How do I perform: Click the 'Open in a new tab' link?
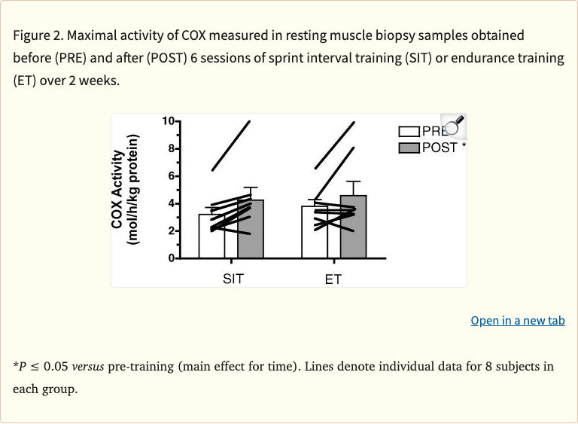click(x=518, y=321)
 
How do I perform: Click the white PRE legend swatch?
click(x=409, y=132)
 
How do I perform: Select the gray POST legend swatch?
click(x=409, y=148)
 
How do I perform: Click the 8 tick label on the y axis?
click(x=171, y=148)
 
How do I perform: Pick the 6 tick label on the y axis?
click(x=171, y=176)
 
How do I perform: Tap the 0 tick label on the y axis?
click(x=171, y=258)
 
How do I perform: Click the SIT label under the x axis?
click(x=233, y=279)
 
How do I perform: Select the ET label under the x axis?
click(x=333, y=279)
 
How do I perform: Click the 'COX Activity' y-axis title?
click(x=117, y=189)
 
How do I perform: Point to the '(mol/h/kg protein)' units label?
click(x=133, y=189)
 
